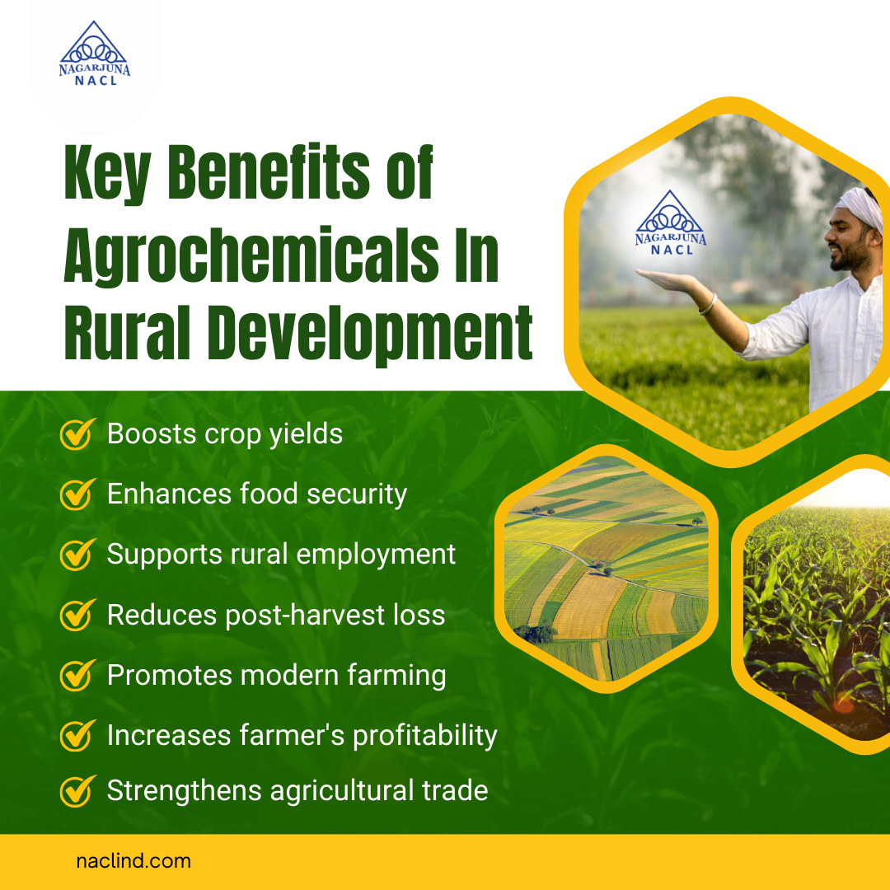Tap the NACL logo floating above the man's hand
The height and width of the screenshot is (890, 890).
[671, 222]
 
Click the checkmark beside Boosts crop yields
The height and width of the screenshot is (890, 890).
[76, 433]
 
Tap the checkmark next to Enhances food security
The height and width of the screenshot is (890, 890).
[76, 494]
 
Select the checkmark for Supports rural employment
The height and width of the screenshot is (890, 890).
[76, 554]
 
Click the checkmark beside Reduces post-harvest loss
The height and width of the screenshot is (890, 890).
[76, 615]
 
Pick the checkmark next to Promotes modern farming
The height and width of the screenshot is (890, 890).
[76, 675]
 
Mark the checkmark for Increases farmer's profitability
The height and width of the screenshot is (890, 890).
[76, 735]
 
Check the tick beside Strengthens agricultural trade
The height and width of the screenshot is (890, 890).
[76, 791]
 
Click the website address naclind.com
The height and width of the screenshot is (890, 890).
[133, 861]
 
